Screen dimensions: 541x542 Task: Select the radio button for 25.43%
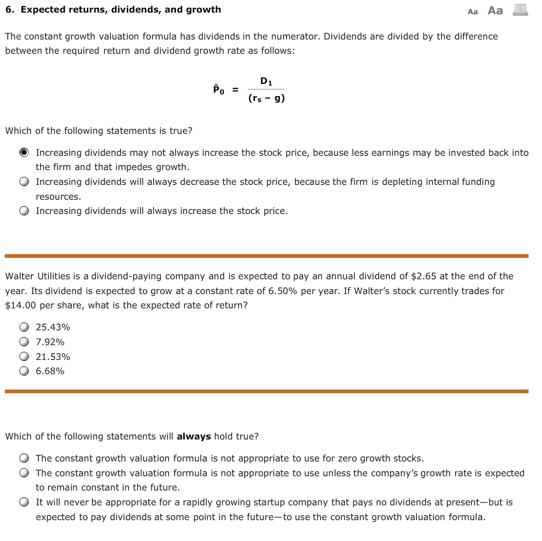tap(24, 328)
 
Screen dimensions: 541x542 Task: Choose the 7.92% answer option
tap(24, 342)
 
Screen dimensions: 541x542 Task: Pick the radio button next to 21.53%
tap(24, 357)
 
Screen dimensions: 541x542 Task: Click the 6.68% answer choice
tap(24, 371)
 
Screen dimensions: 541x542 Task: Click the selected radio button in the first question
tap(24, 153)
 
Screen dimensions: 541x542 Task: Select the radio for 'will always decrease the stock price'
tap(24, 182)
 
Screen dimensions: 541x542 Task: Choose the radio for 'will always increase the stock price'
tap(24, 211)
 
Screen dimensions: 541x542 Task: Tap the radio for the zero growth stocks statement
tap(24, 459)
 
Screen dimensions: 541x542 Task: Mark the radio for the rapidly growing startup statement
tap(24, 503)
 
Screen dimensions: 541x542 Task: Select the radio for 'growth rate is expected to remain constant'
tap(24, 474)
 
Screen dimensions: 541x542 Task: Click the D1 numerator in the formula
tap(266, 81)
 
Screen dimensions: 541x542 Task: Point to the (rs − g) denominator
tap(266, 99)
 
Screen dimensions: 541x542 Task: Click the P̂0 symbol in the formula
tap(218, 89)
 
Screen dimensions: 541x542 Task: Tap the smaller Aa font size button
tap(473, 11)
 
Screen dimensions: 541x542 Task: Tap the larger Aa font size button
tap(495, 10)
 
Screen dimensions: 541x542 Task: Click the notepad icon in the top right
tap(520, 10)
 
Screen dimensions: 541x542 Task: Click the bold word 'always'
tap(194, 437)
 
